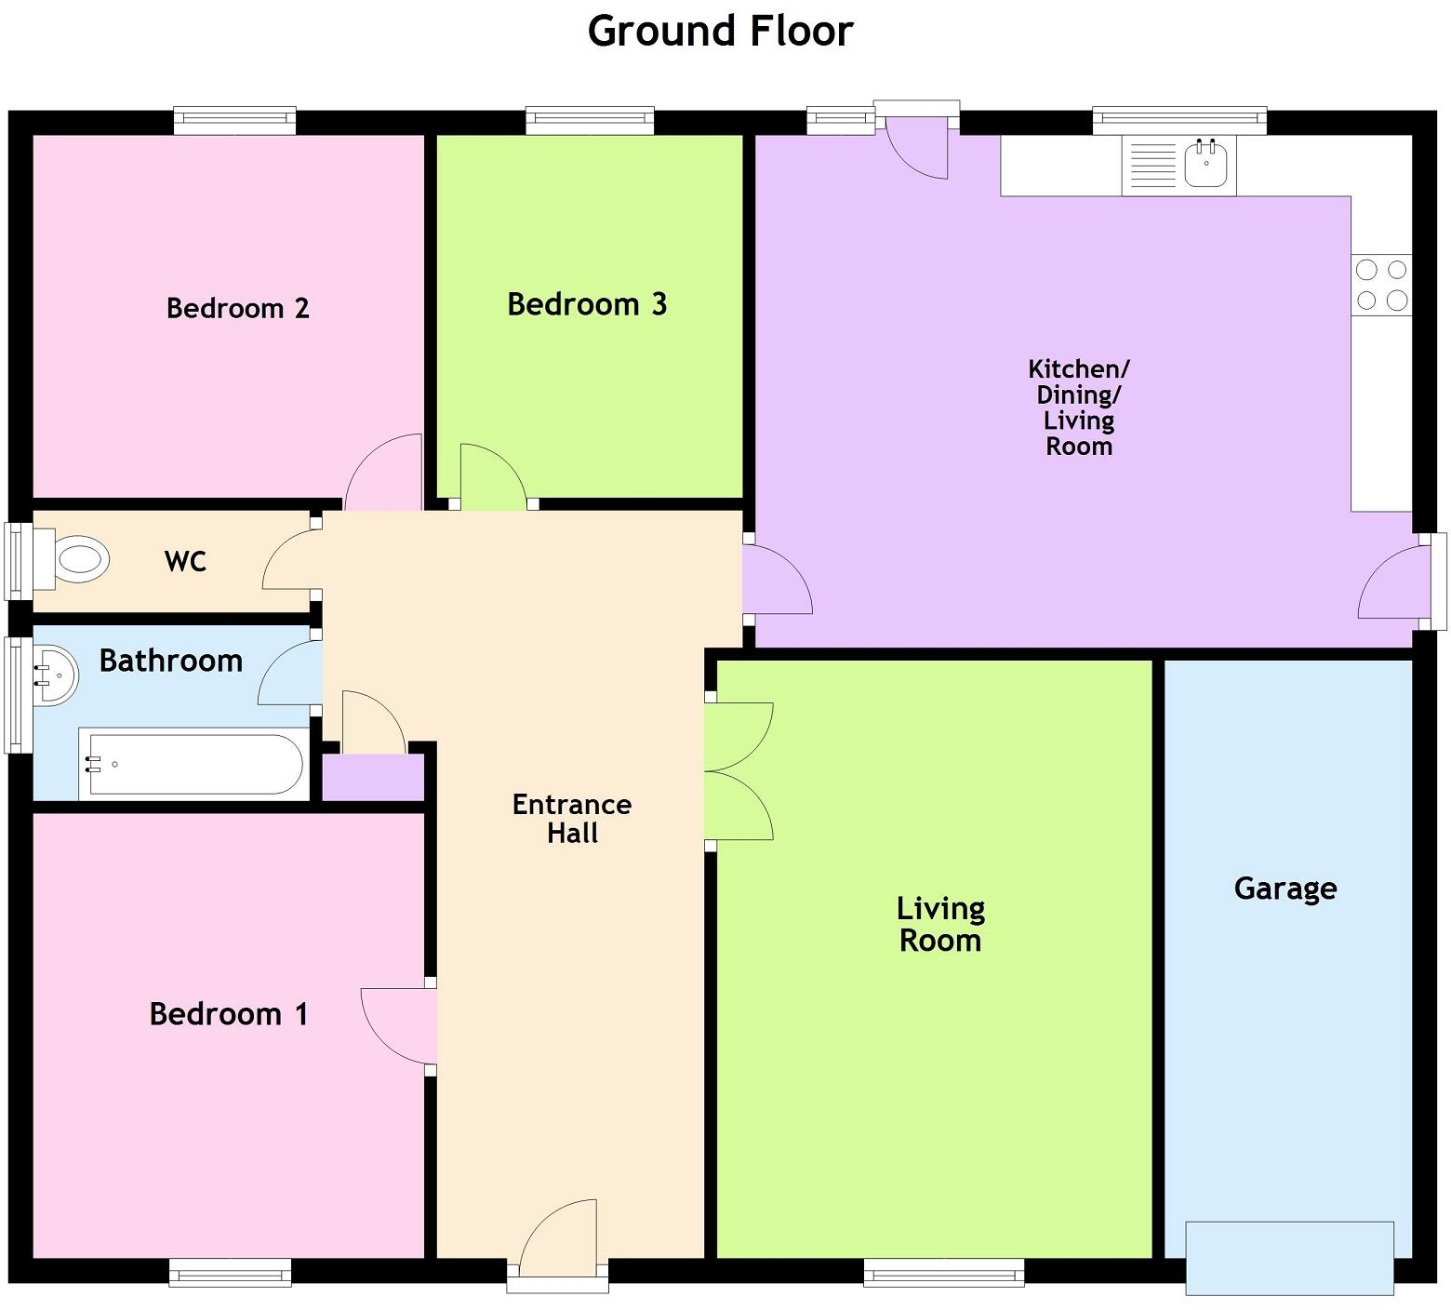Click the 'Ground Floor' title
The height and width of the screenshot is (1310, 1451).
click(720, 32)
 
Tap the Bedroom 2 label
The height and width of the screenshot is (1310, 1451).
click(237, 308)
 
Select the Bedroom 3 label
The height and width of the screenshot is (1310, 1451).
click(587, 304)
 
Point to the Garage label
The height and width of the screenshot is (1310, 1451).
click(1285, 889)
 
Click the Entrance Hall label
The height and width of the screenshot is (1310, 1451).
click(572, 819)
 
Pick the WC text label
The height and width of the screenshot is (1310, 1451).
click(185, 561)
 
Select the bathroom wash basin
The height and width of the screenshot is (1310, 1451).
click(55, 676)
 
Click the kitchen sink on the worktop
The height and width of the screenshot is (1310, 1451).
click(1205, 164)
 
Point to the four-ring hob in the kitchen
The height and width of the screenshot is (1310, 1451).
click(1381, 285)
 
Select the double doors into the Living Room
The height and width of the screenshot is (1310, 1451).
click(739, 771)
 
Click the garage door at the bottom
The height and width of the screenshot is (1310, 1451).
click(1289, 1257)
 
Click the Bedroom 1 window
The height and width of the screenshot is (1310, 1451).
click(230, 1272)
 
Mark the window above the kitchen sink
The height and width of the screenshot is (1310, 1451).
click(1178, 121)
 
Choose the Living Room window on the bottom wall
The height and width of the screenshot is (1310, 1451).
click(943, 1272)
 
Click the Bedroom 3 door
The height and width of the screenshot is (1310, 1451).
click(493, 479)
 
